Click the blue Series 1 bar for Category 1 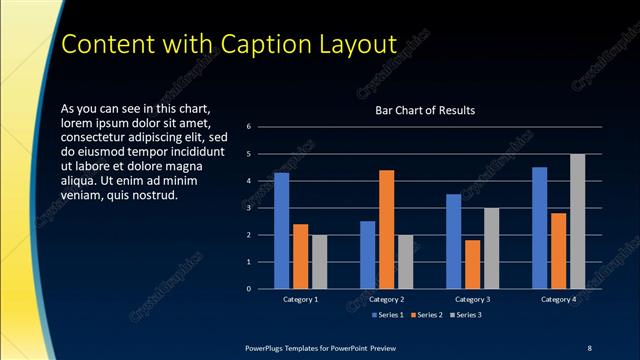pos(281,230)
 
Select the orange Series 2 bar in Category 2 pos(386,229)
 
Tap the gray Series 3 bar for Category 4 pos(577,221)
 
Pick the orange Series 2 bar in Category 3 pos(473,264)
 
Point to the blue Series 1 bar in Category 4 pos(540,227)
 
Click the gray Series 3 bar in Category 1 pos(319,262)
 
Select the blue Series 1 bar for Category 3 pos(454,241)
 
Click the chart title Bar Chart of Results pos(425,110)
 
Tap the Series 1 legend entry pos(388,315)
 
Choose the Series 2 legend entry pos(426,315)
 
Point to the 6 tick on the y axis pos(262,127)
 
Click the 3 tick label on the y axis pos(262,208)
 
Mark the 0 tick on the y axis pos(262,289)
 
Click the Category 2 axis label pos(386,299)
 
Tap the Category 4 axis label pos(559,299)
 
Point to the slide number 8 pos(589,347)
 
